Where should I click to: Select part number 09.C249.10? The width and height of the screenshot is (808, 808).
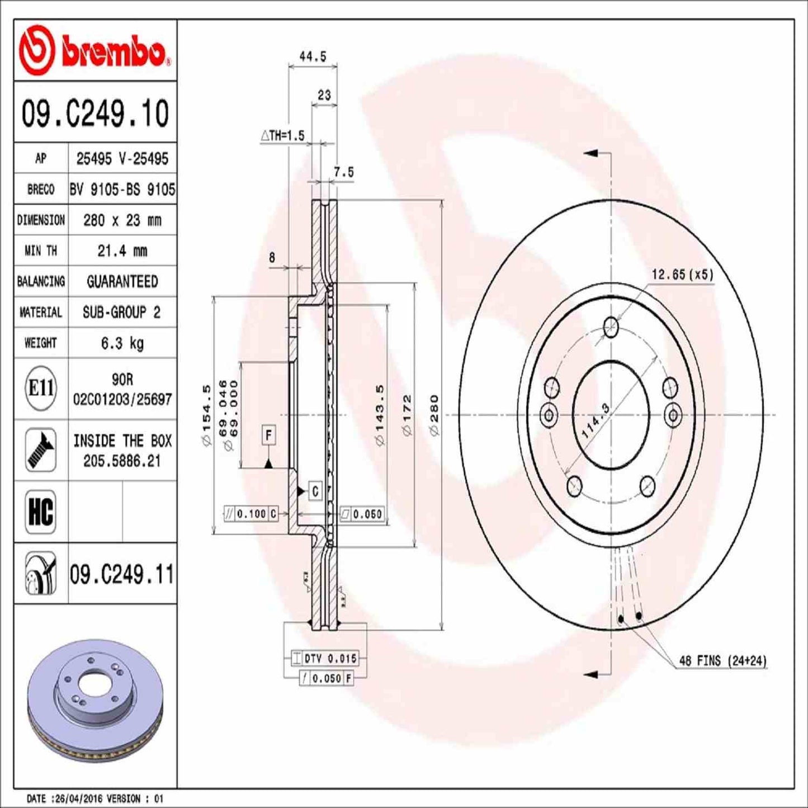[x=95, y=113]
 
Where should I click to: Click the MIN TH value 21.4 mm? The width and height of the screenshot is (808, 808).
[x=122, y=251]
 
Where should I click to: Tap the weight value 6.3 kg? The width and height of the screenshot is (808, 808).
[x=122, y=343]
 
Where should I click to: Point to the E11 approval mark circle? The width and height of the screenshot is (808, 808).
[x=41, y=388]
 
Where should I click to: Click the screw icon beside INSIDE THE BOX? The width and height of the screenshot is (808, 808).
[x=41, y=450]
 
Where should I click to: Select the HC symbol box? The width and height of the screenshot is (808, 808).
[x=41, y=511]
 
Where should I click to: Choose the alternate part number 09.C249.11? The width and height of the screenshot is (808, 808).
[x=122, y=574]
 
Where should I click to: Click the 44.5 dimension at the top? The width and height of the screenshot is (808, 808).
[x=313, y=56]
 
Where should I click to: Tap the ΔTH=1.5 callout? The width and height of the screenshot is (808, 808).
[x=283, y=136]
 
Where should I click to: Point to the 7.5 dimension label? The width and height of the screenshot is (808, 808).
[x=343, y=173]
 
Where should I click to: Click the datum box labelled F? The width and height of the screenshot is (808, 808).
[x=269, y=435]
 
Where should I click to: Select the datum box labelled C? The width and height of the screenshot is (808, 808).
[x=315, y=491]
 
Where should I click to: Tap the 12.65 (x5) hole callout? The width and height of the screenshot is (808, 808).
[x=682, y=275]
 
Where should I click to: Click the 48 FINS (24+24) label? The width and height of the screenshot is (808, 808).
[x=722, y=661]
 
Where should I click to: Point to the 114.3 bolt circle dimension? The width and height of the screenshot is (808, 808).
[x=596, y=420]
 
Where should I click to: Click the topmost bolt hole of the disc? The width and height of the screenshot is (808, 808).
[x=611, y=326]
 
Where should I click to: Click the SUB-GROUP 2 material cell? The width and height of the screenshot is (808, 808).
[x=122, y=312]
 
